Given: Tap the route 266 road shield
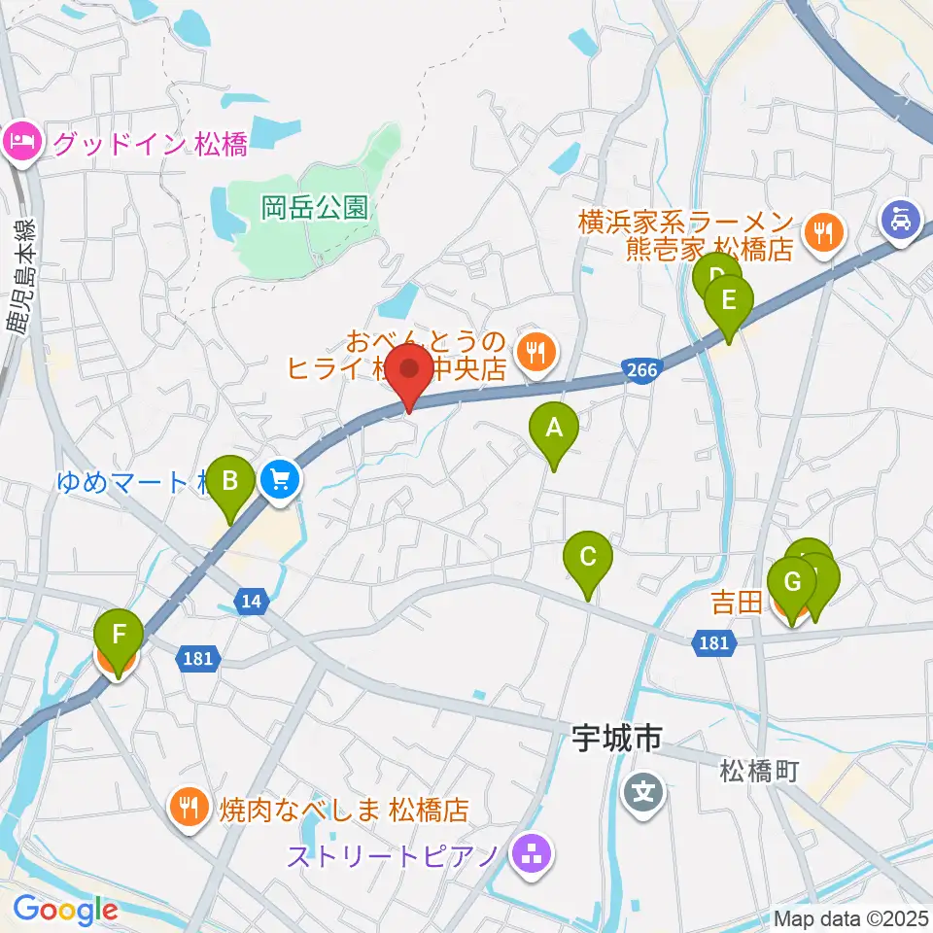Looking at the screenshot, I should coord(640,369).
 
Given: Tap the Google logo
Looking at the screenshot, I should coord(65,911).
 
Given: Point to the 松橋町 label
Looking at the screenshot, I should coord(759,772).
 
